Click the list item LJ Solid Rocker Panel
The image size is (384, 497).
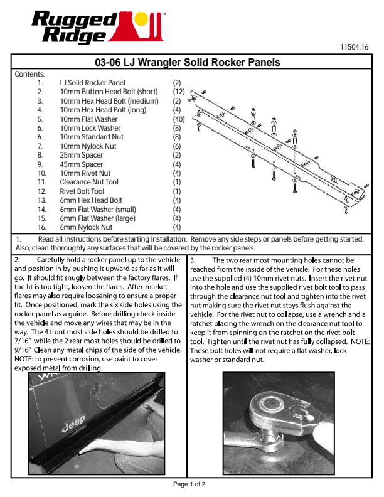pyautogui.click(x=92, y=83)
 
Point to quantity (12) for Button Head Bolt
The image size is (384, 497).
pyautogui.click(x=178, y=92)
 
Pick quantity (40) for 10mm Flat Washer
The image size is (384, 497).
pyautogui.click(x=178, y=119)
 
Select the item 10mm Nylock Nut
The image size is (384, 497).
pyautogui.click(x=88, y=146)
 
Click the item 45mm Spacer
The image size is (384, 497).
pyautogui.click(x=82, y=164)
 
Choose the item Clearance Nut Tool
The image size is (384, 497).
pyautogui.click(x=89, y=182)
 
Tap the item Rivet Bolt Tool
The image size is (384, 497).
pyautogui.click(x=82, y=191)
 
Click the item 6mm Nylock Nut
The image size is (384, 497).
pyautogui.click(x=86, y=227)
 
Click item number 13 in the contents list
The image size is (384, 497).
pyautogui.click(x=42, y=200)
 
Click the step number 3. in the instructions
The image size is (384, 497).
pyautogui.click(x=194, y=260)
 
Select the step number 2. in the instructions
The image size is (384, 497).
pyautogui.click(x=17, y=260)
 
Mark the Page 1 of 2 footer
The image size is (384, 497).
pyautogui.click(x=189, y=484)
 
